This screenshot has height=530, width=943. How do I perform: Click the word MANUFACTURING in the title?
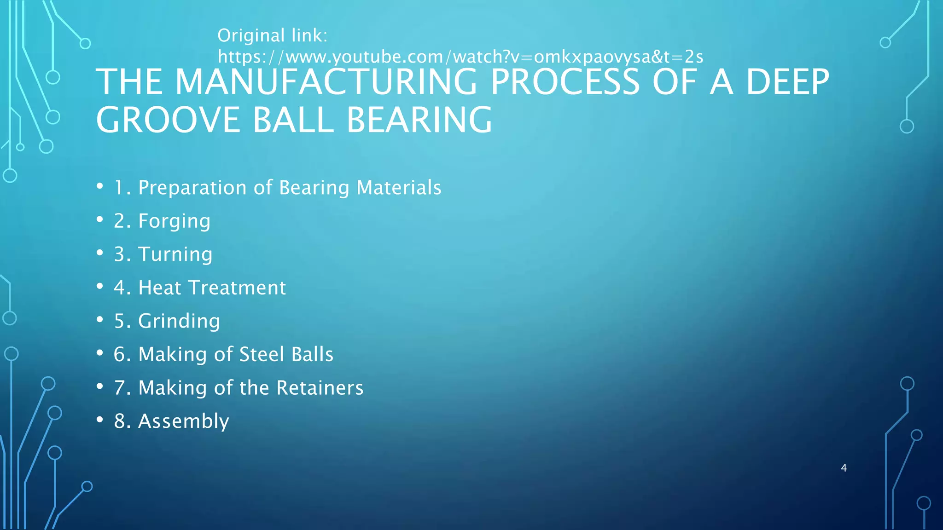point(326,82)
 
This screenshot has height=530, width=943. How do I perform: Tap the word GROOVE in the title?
point(168,120)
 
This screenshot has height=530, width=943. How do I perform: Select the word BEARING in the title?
point(419,120)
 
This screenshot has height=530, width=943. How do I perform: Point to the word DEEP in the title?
point(787,82)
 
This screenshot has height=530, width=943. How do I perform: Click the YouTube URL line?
point(460,57)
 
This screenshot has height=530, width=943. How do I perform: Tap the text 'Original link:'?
point(272,35)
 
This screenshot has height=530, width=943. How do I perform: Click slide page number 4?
point(844,468)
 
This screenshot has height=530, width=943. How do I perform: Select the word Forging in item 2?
point(174,221)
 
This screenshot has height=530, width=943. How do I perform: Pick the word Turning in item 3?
point(175,254)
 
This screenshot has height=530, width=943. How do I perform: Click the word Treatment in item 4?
point(237,288)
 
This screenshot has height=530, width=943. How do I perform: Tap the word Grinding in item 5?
point(179,321)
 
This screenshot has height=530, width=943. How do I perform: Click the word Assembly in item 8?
point(183,421)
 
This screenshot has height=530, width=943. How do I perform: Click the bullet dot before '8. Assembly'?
point(100,420)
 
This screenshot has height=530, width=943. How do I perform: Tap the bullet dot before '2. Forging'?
point(100,219)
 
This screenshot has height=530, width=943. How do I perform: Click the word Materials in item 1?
point(399,188)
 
